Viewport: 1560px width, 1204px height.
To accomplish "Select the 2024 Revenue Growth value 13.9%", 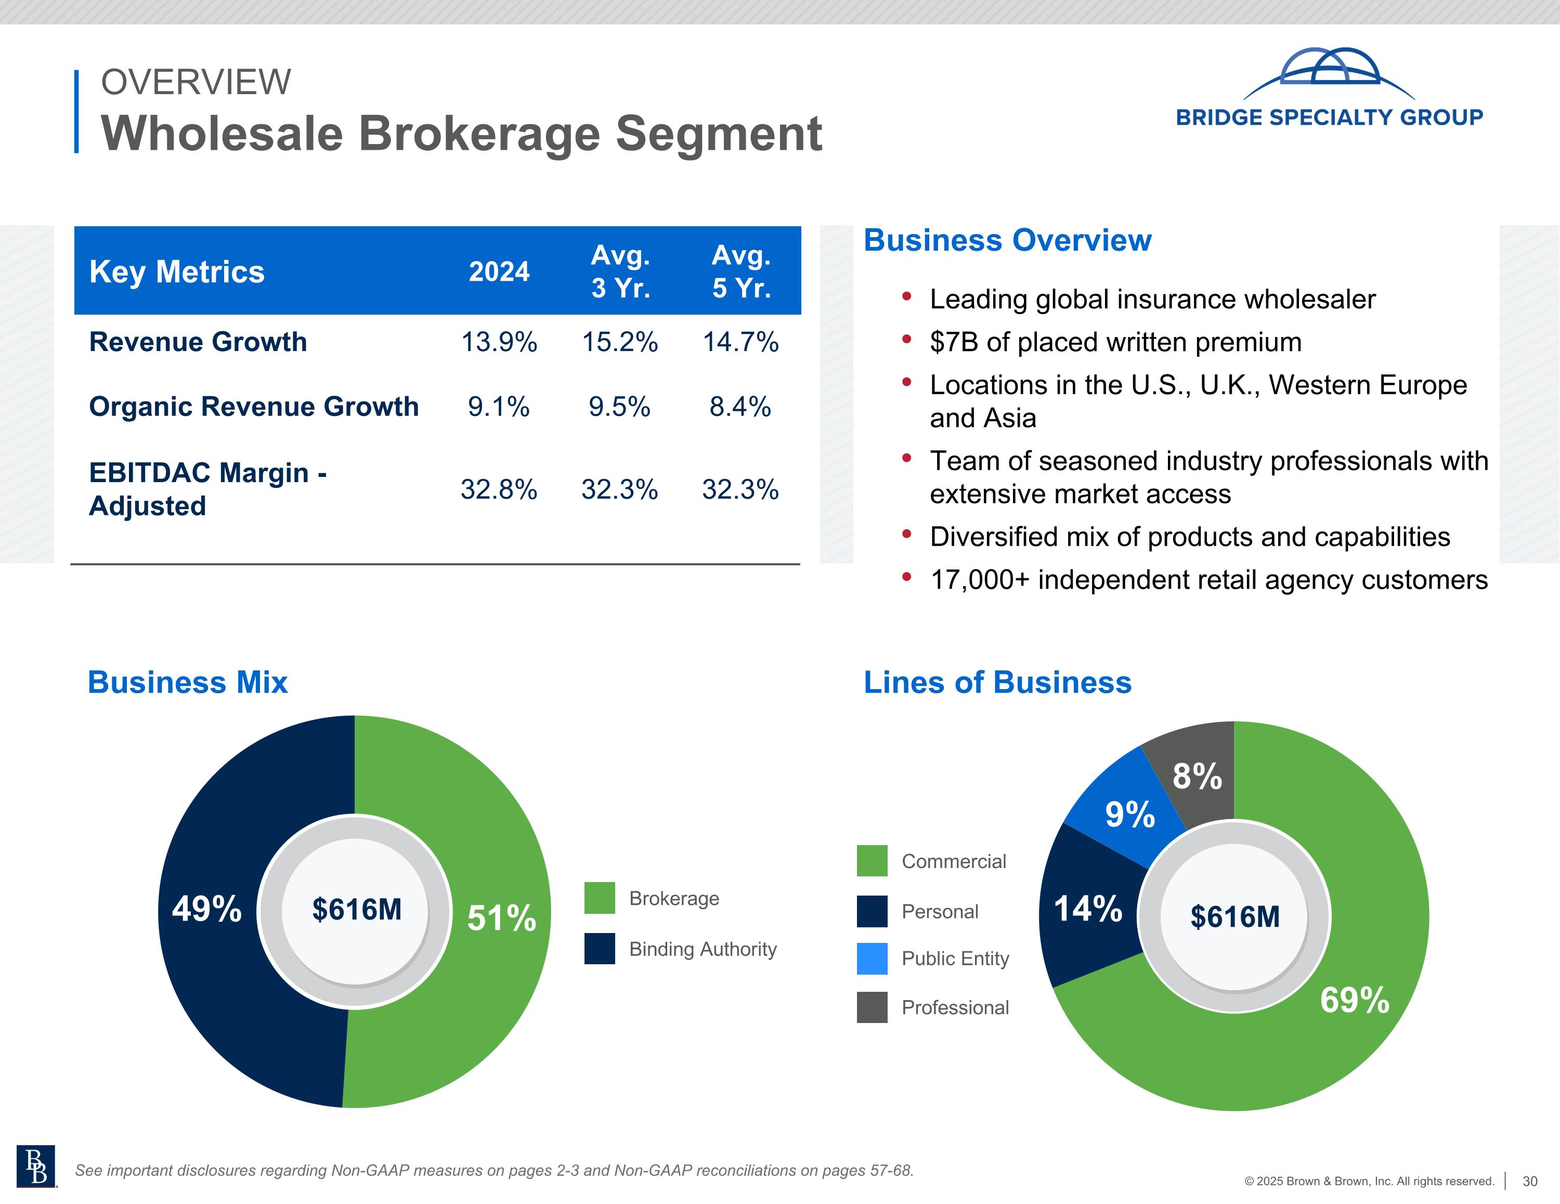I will click(499, 342).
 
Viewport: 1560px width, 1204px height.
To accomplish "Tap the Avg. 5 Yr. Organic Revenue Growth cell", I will click(740, 407).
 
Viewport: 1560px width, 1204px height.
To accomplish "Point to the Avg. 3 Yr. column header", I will click(620, 271).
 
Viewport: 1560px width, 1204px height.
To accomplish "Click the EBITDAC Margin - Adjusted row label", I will click(207, 489).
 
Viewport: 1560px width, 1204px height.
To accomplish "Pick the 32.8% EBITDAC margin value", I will click(499, 489).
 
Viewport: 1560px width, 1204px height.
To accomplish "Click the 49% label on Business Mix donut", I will click(206, 909).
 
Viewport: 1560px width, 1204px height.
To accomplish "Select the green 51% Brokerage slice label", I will click(501, 918).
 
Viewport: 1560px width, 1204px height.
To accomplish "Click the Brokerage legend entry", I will click(673, 898).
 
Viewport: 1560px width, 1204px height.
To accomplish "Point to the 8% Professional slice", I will click(1197, 776).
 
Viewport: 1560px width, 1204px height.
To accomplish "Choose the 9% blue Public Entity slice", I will click(1130, 814).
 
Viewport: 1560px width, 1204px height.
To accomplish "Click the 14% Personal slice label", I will click(1088, 909).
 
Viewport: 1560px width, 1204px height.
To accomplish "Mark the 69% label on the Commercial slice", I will click(1354, 1000).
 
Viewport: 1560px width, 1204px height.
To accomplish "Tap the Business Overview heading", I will click(1007, 241).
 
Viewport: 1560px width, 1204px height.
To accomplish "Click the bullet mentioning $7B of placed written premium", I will click(1115, 342).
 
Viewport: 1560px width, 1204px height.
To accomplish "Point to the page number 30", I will click(1529, 1181).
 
